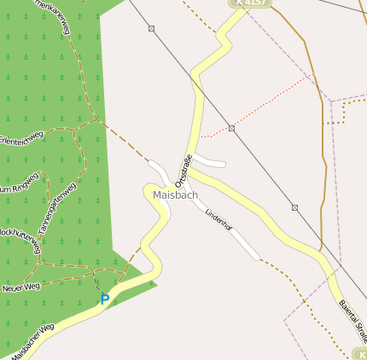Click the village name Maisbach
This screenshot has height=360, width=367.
(x=175, y=195)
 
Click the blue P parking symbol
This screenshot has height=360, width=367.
(x=104, y=299)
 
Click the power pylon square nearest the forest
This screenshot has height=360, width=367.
(x=152, y=29)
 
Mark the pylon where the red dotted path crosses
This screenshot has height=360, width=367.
(x=232, y=128)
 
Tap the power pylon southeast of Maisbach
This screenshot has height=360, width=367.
(x=294, y=207)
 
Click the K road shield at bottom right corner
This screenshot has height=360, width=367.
(x=360, y=353)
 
